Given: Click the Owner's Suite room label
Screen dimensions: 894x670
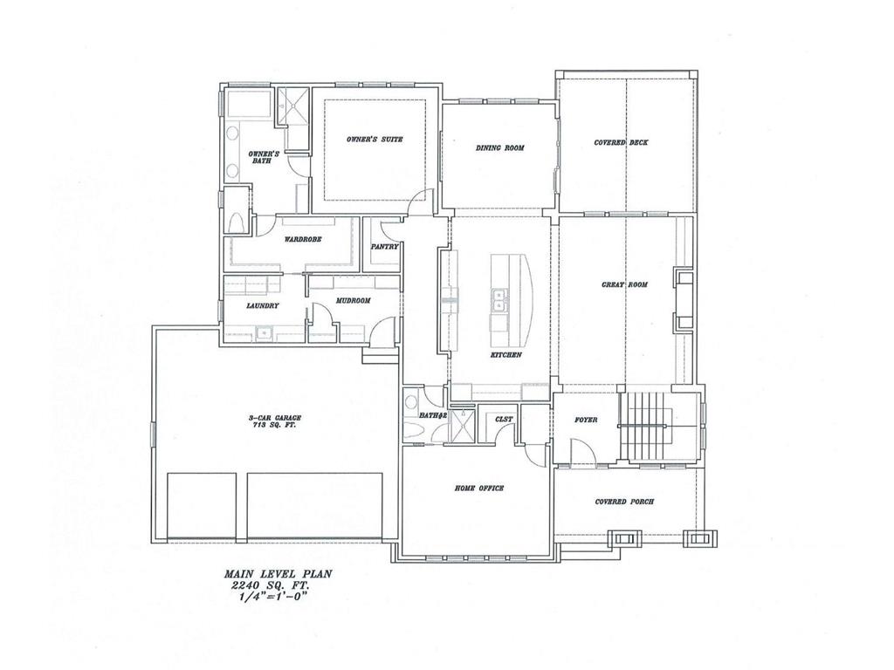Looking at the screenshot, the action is [x=375, y=139].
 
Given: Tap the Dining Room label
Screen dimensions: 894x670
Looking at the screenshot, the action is [x=500, y=148].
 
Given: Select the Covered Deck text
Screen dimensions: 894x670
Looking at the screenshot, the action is [x=621, y=142].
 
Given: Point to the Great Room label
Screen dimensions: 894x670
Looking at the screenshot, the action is [x=625, y=284].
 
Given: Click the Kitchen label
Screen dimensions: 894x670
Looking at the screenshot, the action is [x=506, y=355].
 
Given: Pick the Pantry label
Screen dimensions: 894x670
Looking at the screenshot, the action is [x=384, y=247].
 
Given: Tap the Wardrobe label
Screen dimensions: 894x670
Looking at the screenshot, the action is [x=303, y=239].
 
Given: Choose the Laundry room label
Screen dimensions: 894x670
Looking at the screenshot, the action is [x=263, y=306].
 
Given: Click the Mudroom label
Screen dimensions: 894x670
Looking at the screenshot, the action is [x=354, y=300].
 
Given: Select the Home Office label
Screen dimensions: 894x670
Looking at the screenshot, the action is [x=479, y=489].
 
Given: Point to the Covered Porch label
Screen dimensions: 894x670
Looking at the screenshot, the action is [x=624, y=502].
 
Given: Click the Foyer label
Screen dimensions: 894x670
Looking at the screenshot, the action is [x=586, y=420].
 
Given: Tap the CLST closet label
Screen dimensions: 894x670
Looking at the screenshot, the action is [x=504, y=420].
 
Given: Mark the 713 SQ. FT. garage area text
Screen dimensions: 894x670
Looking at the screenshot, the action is [x=272, y=425].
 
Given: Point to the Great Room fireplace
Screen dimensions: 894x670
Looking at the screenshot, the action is [x=684, y=300].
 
